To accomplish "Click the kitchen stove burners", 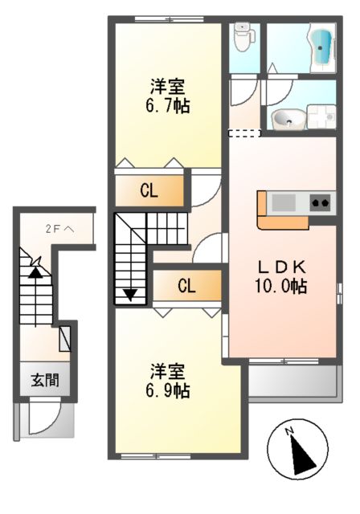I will pos(320,202).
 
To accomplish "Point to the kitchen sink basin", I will pos(284,202).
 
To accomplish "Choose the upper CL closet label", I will pos(149,190).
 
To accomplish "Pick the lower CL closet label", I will pos(185,285).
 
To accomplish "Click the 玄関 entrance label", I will pos(45,381).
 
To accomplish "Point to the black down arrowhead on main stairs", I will pos(129,295).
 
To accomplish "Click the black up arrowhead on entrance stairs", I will pos(35,271).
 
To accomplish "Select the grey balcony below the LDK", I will pos(291,381).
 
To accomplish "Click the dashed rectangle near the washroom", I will pos(245,133).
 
